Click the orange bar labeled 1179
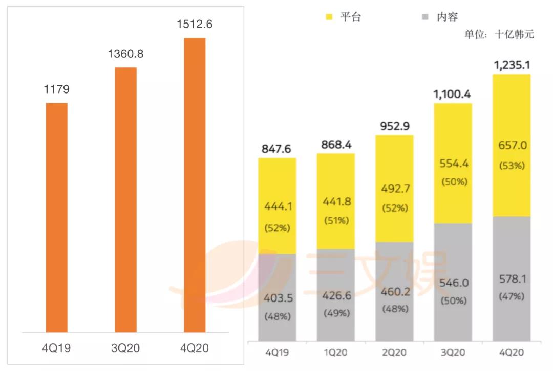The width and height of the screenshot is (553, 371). tap(56, 217)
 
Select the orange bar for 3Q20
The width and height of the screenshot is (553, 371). tap(125, 199)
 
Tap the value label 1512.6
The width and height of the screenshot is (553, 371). tap(195, 24)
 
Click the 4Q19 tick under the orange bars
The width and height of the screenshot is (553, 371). tap(56, 349)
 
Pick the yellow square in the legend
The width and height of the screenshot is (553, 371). tap(330, 17)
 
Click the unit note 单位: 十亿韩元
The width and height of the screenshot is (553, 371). tap(499, 34)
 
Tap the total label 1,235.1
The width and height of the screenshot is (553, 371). tap(512, 65)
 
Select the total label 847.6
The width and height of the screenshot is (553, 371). tap(277, 149)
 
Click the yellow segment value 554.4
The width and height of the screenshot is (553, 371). tap(453, 164)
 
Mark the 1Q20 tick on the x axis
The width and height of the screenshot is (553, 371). tap(336, 353)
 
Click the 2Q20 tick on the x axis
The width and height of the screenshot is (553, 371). tap(394, 353)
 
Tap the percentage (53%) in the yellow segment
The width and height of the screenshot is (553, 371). tap(512, 166)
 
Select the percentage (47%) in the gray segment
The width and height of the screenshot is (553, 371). tap(512, 296)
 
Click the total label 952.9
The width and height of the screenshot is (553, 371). tap(394, 126)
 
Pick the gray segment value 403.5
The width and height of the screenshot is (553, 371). tap(277, 299)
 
